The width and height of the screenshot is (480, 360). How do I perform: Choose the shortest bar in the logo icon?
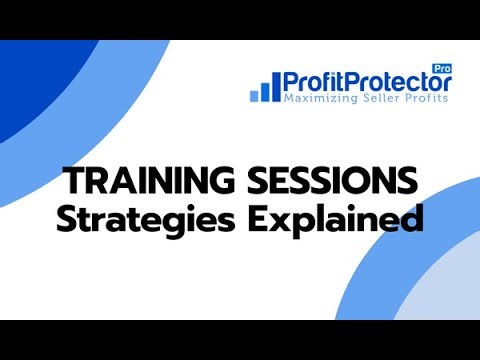point(254,94)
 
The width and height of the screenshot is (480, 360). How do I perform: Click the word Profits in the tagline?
point(428,99)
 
